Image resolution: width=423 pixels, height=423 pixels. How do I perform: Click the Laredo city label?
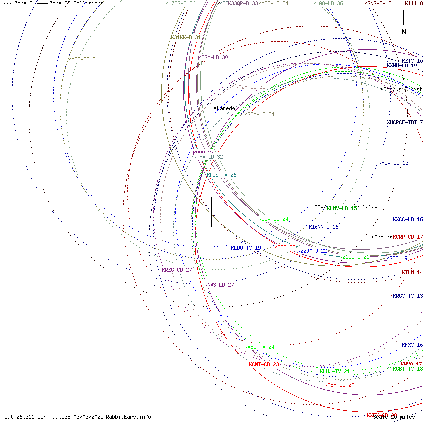click(226, 108)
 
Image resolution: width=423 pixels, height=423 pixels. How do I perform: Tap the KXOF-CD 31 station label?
click(83, 60)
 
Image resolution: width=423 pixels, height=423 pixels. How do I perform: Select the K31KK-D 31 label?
click(186, 37)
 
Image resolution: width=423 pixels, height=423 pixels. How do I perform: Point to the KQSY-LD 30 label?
click(213, 57)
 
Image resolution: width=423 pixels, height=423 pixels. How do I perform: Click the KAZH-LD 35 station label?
click(250, 87)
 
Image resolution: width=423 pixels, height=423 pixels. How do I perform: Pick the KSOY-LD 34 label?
click(259, 114)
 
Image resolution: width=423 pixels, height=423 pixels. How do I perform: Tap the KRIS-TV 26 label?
click(221, 175)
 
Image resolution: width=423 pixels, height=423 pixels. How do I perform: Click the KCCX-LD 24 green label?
click(273, 219)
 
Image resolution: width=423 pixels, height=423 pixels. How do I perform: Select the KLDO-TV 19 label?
click(246, 248)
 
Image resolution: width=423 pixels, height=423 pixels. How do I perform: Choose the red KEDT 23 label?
click(285, 247)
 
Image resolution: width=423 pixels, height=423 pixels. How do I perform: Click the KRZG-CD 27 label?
click(177, 270)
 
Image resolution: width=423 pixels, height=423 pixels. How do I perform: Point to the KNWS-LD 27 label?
click(219, 285)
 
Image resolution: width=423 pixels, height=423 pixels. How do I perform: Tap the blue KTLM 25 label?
click(221, 317)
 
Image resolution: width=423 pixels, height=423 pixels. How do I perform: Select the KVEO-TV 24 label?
click(259, 347)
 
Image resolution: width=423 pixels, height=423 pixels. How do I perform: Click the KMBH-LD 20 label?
click(339, 385)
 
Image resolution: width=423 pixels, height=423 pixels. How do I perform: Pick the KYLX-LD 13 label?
click(393, 163)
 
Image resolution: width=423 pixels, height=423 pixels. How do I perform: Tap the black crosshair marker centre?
click(212, 211)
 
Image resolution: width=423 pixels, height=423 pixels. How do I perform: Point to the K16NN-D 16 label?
click(323, 227)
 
